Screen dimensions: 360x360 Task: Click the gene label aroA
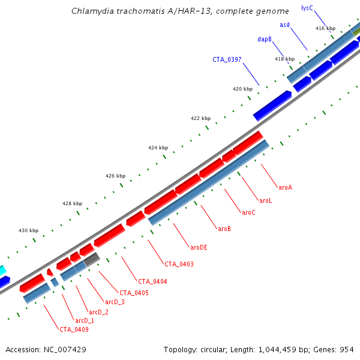pyautogui.click(x=285, y=187)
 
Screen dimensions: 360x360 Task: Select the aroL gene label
pyautogui.click(x=265, y=200)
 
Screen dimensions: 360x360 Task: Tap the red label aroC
pyautogui.click(x=248, y=212)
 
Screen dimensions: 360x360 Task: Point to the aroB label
pyautogui.click(x=224, y=229)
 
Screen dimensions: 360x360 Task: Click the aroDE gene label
pyautogui.click(x=199, y=247)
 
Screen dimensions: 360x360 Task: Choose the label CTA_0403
pyautogui.click(x=179, y=264)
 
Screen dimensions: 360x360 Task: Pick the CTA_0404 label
pyautogui.click(x=152, y=281)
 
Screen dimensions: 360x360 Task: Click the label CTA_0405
pyautogui.click(x=134, y=293)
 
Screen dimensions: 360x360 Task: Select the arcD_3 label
pyautogui.click(x=115, y=302)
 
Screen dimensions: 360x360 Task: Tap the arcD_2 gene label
pyautogui.click(x=99, y=312)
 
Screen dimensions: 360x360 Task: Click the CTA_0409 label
pyautogui.click(x=74, y=329)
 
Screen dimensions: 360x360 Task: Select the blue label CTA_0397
pyautogui.click(x=227, y=59)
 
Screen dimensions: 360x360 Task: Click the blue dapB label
pyautogui.click(x=265, y=39)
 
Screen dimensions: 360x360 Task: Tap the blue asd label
pyautogui.click(x=284, y=25)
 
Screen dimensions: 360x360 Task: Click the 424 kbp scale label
pyautogui.click(x=158, y=148)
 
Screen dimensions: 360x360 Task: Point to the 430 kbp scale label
pyautogui.click(x=28, y=230)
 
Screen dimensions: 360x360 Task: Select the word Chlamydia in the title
pyautogui.click(x=90, y=11)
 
